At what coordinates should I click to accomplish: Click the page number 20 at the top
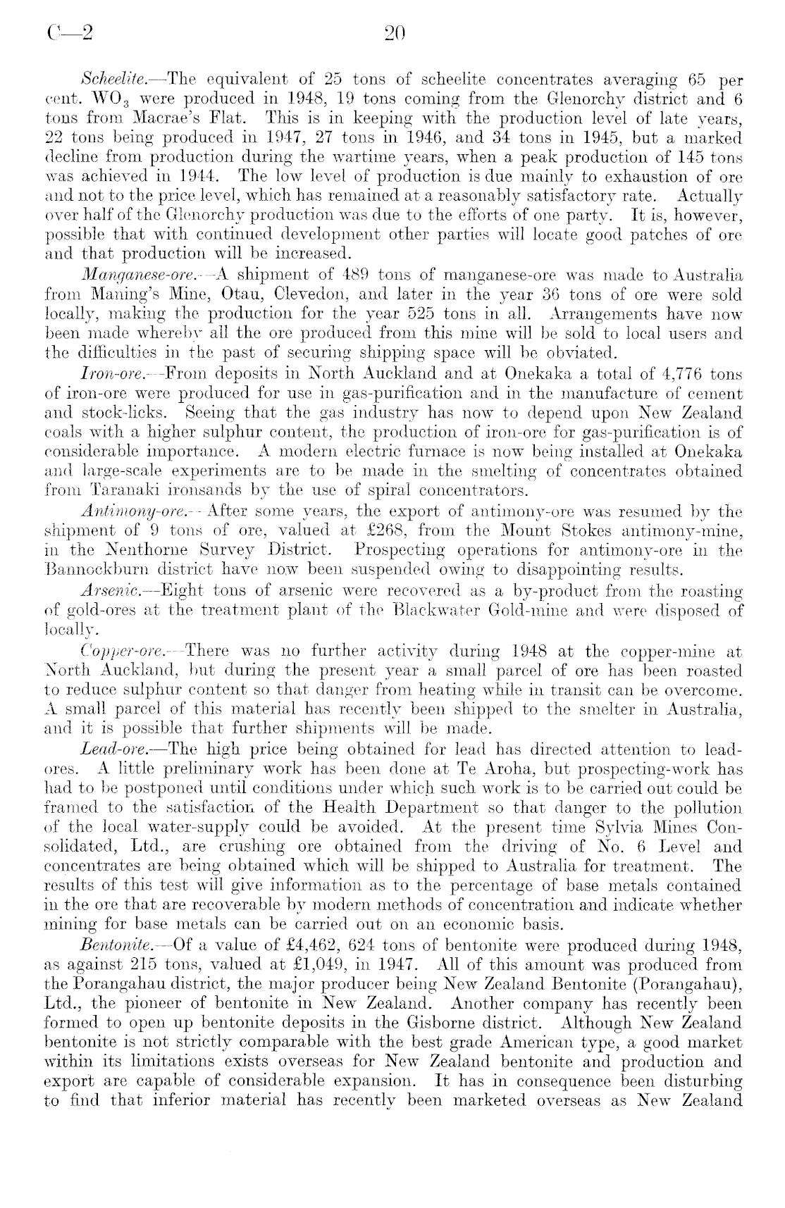(x=392, y=32)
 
